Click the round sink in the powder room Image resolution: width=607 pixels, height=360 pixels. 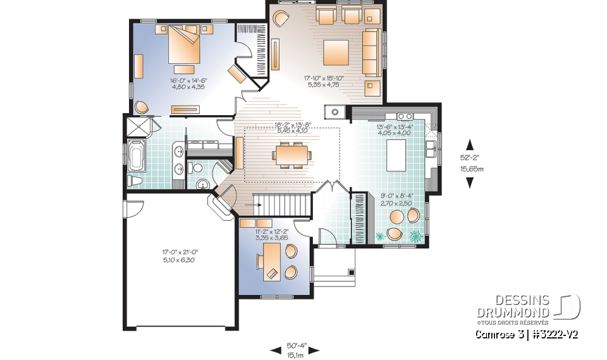[x=203, y=184]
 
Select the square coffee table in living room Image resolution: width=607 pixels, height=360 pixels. [x=336, y=51]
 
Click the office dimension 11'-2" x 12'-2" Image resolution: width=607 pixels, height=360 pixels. [x=271, y=234]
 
